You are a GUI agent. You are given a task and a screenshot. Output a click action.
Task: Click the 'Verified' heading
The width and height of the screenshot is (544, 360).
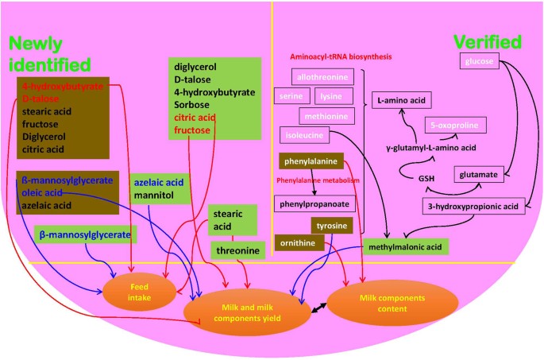coord(486,42)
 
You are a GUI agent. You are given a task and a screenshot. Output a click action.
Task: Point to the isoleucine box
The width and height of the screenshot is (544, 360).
coord(303,135)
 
